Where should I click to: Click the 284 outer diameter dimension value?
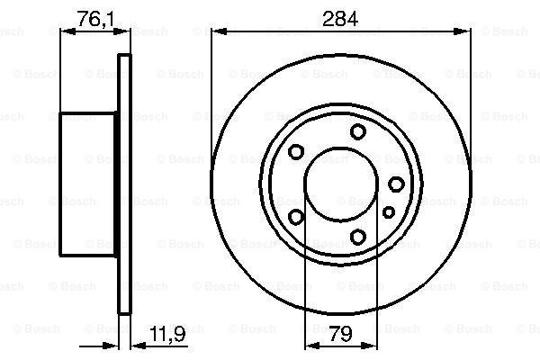click(x=340, y=19)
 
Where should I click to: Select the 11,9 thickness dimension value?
click(x=167, y=334)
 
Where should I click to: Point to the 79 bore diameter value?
click(x=340, y=334)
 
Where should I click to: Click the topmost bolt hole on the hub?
click(x=358, y=131)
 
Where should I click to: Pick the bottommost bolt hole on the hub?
click(x=358, y=237)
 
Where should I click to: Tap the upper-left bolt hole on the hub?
click(x=296, y=151)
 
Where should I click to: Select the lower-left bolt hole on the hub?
click(x=296, y=217)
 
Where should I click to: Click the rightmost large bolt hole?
click(x=396, y=184)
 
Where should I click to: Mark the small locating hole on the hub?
click(x=389, y=212)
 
